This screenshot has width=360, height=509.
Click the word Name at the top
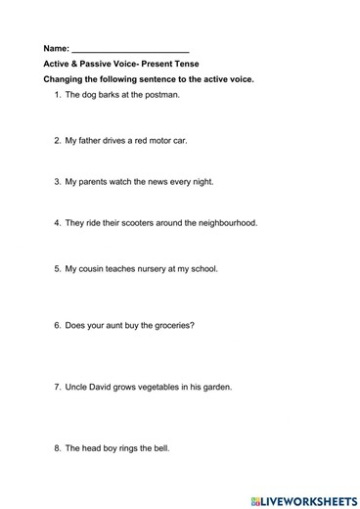coord(56,48)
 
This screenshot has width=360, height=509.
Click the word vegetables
coord(167,388)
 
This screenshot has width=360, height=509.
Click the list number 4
coord(57,223)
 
